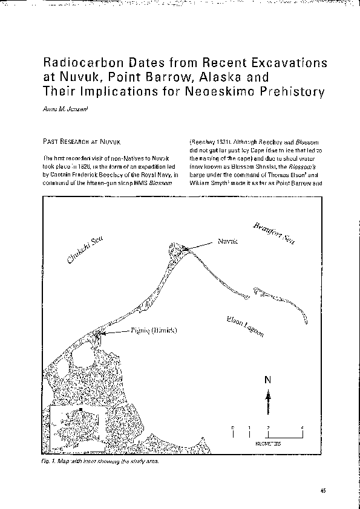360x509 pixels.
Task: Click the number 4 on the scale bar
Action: (x=301, y=428)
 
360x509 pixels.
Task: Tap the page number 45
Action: (x=323, y=491)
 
